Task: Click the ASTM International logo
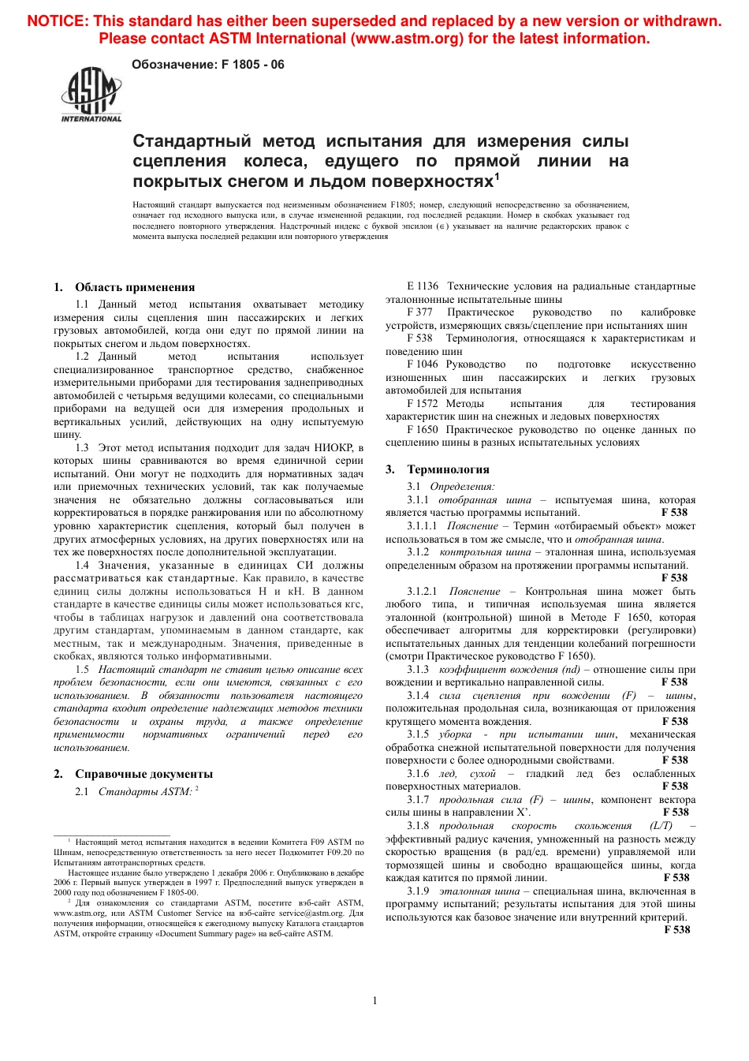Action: pyautogui.click(x=91, y=95)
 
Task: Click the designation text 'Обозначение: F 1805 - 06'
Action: pyautogui.click(x=208, y=65)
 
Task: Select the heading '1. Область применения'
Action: pyautogui.click(x=125, y=287)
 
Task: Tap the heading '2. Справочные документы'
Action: pyautogui.click(x=133, y=774)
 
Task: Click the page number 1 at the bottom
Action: pyautogui.click(x=374, y=1000)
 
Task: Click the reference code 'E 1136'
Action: pyautogui.click(x=423, y=286)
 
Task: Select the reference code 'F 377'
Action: pyautogui.click(x=419, y=312)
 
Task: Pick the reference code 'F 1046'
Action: pyautogui.click(x=423, y=364)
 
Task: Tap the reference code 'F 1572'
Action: pyautogui.click(x=423, y=404)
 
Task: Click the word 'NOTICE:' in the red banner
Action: pyautogui.click(x=57, y=21)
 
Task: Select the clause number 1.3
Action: pyautogui.click(x=82, y=448)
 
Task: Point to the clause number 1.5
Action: pyautogui.click(x=82, y=670)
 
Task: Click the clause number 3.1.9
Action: pyautogui.click(x=418, y=891)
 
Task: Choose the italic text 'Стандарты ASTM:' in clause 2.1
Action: pyautogui.click(x=145, y=792)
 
